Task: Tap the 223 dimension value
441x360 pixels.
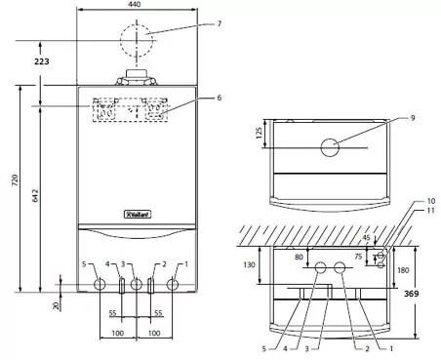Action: coord(42,61)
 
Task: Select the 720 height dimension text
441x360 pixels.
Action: coord(15,180)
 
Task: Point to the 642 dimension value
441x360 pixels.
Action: coord(35,195)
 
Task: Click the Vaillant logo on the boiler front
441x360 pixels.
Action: coord(139,215)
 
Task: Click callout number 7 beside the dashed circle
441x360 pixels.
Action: coord(220,23)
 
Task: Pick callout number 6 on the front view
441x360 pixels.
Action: coord(220,98)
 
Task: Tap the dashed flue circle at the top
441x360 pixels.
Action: coord(137,24)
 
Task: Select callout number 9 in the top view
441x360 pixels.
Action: coord(413,118)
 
